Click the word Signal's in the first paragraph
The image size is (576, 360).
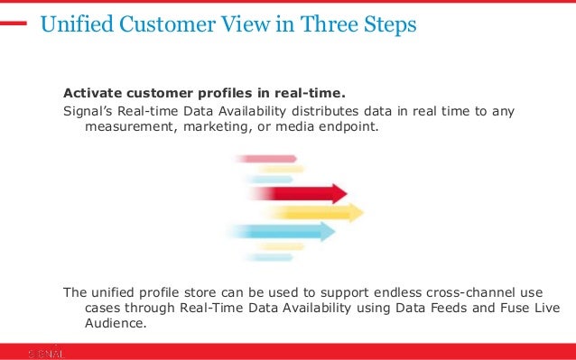(88, 112)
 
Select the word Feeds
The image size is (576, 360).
(442, 309)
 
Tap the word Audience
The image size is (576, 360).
(114, 325)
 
